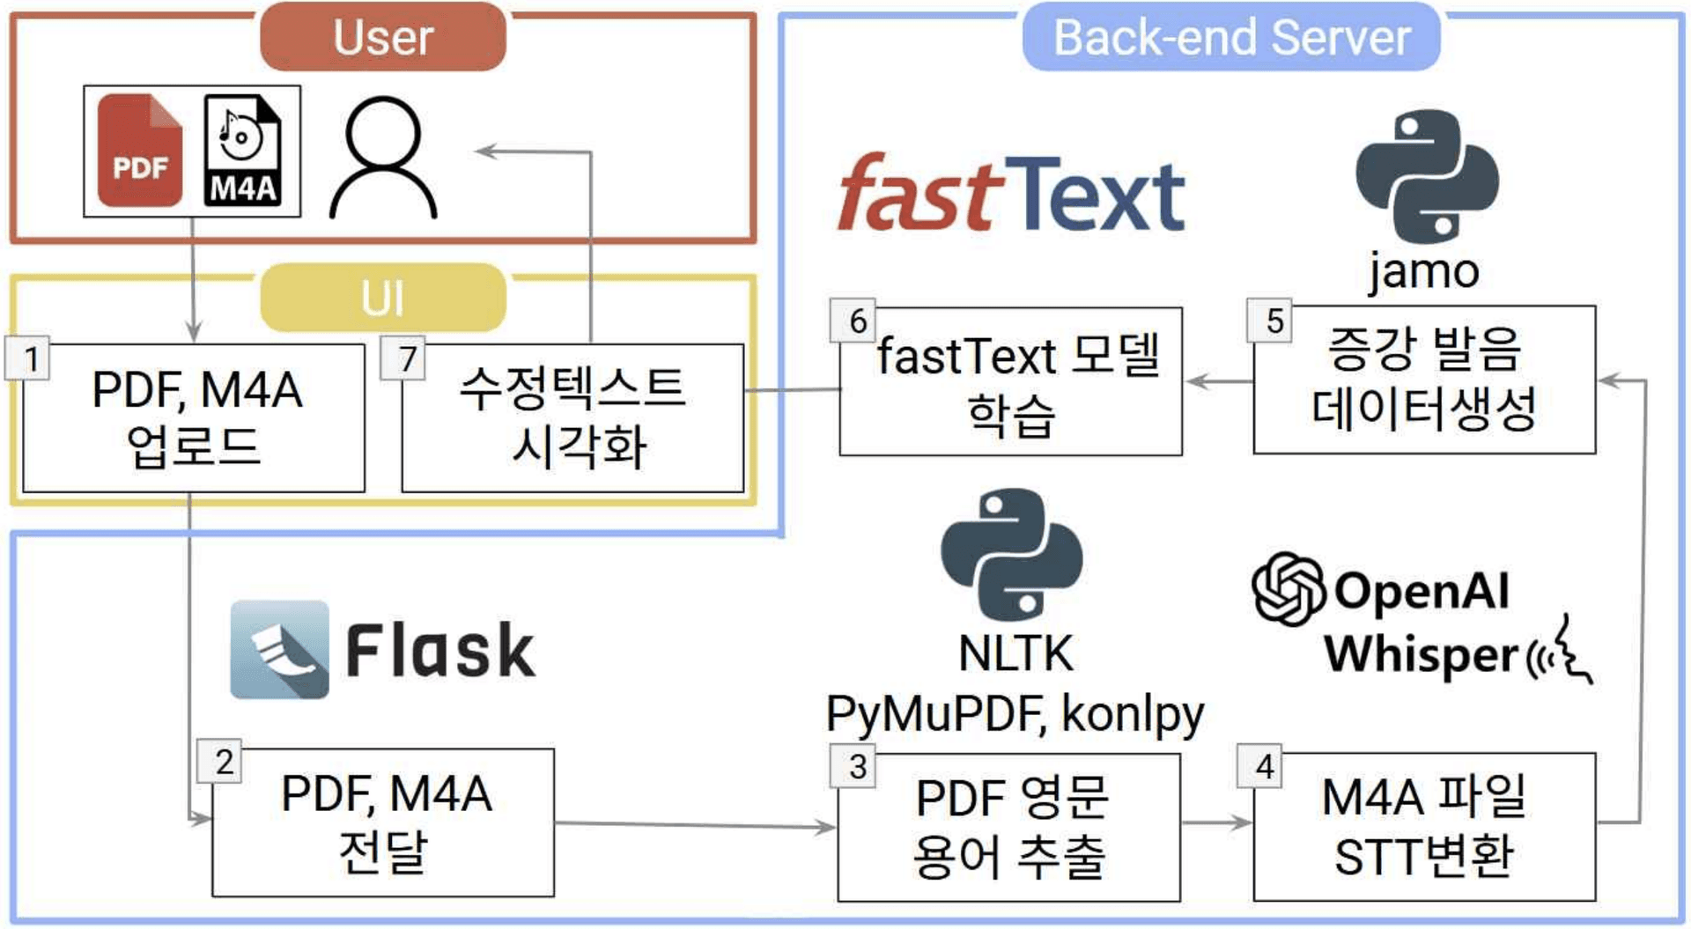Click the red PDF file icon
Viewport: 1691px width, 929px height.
click(x=140, y=151)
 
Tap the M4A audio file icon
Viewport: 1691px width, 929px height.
click(x=242, y=151)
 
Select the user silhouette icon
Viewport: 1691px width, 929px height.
click(x=383, y=159)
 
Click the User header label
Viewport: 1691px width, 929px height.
click(x=383, y=37)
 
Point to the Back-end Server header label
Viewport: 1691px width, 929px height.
click(x=1231, y=37)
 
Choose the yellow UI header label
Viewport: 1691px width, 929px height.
click(x=383, y=298)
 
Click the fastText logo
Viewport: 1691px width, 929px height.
click(x=1011, y=193)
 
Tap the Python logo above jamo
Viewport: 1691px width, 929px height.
click(x=1427, y=176)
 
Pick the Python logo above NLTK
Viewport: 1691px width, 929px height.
click(x=1012, y=555)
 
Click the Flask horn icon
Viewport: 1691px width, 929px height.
click(x=279, y=650)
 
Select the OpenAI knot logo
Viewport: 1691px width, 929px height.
click(x=1288, y=588)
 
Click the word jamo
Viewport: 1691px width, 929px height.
click(x=1423, y=271)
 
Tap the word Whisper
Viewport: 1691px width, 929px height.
click(x=1421, y=655)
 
